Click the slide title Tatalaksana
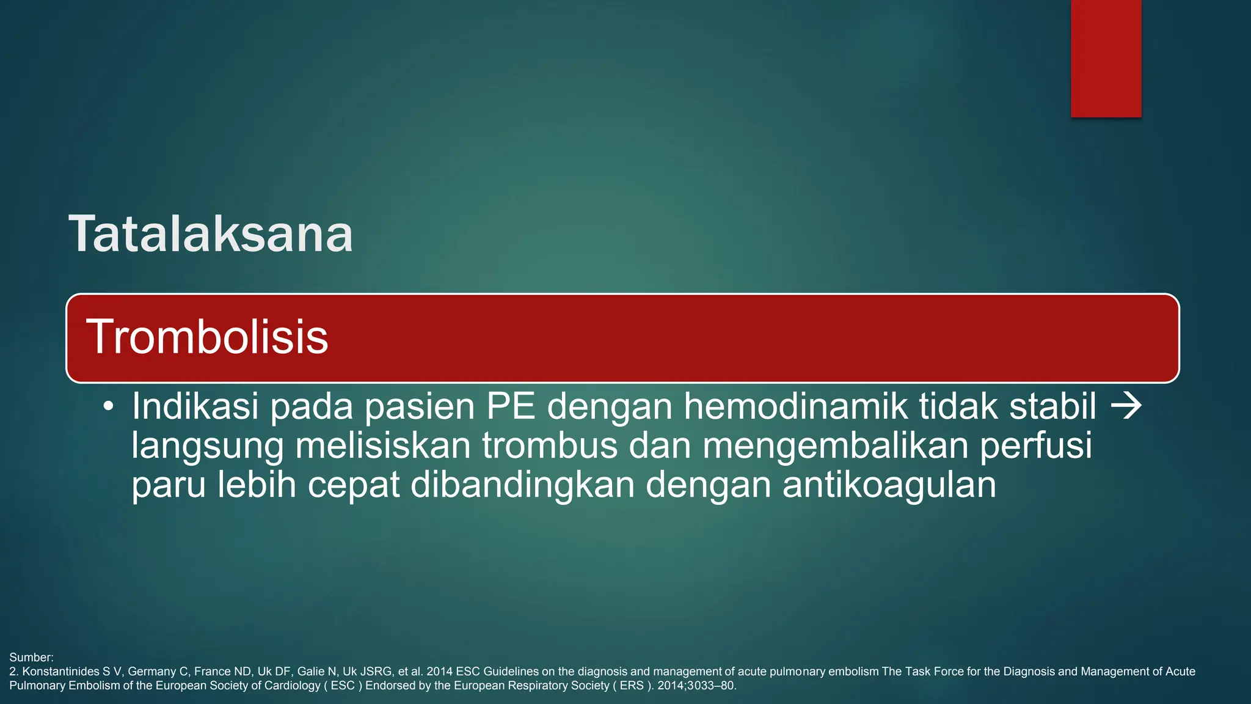(211, 234)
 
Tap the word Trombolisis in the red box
(207, 337)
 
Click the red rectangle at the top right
(1106, 59)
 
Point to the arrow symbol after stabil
(1126, 406)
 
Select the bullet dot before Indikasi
(109, 407)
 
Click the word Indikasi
(195, 406)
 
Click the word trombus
(550, 446)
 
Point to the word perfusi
(1036, 446)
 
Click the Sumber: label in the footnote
(31, 658)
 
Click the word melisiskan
(383, 446)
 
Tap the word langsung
(208, 446)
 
